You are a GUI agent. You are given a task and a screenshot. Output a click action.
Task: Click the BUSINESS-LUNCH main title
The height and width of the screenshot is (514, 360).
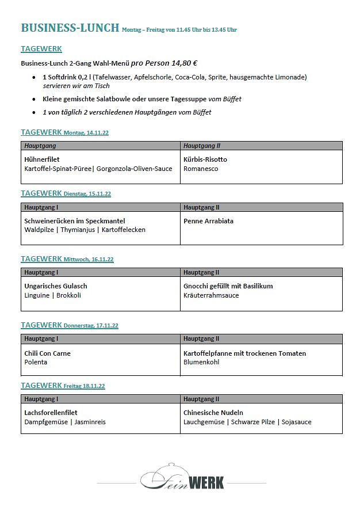[70, 28]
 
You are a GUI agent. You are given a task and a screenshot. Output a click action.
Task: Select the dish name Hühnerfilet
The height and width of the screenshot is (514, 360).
[42, 159]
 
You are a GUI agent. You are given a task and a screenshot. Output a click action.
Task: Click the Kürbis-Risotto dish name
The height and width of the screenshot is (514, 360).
[205, 159]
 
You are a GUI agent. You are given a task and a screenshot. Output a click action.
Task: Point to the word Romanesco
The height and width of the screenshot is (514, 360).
[201, 169]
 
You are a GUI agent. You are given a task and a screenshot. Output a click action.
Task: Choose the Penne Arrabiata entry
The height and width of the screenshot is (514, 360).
[208, 221]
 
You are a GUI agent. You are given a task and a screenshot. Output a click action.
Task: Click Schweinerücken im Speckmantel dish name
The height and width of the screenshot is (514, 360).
[75, 221]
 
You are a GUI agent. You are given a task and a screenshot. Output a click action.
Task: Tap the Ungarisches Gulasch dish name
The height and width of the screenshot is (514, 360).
[56, 286]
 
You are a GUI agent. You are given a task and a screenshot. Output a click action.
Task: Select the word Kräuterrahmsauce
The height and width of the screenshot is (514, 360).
[211, 295]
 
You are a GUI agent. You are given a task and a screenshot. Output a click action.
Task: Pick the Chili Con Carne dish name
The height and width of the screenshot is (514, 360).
[48, 353]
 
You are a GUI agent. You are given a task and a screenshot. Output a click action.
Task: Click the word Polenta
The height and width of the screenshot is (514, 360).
[36, 362]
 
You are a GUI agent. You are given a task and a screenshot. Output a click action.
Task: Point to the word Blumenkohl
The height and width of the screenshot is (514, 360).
[201, 362]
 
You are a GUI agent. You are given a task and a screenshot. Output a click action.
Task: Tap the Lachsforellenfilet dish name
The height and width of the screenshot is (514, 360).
[51, 413]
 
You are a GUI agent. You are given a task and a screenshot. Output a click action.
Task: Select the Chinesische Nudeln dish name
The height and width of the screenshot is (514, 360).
[213, 413]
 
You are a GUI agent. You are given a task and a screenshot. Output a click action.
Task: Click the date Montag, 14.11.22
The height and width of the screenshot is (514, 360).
[86, 133]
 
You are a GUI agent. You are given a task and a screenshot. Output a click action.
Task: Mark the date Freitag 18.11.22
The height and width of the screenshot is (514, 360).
[84, 386]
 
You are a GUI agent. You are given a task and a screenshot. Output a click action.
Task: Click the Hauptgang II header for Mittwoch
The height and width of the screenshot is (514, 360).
[201, 272]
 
